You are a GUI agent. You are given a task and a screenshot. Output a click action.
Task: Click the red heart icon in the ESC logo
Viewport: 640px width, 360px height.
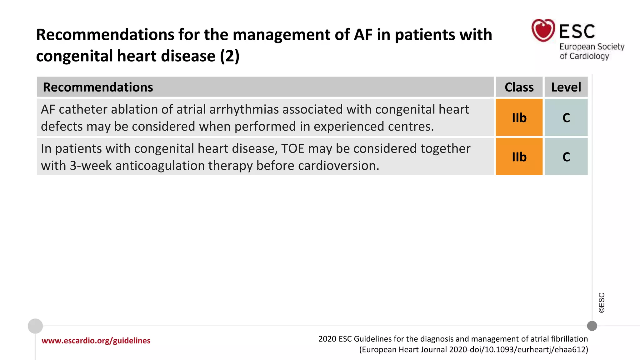click(x=543, y=30)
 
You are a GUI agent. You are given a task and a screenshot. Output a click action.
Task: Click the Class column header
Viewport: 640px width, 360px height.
click(x=519, y=87)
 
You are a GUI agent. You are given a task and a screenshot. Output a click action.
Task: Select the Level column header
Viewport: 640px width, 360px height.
click(x=566, y=87)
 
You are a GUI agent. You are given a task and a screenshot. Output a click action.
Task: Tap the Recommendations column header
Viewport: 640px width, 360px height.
click(x=98, y=87)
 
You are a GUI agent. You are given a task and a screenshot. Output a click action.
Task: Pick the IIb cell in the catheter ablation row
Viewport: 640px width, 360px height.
click(x=519, y=118)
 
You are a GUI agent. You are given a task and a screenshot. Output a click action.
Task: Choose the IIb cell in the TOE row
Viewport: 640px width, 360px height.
click(x=519, y=157)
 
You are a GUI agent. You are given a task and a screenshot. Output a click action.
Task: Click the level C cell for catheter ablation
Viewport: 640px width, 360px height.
click(x=566, y=118)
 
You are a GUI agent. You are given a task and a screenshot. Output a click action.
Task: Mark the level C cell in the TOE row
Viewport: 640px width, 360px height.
click(x=566, y=157)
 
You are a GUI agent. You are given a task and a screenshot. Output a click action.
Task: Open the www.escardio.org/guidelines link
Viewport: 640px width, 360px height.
click(x=96, y=341)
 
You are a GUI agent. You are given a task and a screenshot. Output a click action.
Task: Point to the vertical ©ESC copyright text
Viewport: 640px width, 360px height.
click(x=602, y=302)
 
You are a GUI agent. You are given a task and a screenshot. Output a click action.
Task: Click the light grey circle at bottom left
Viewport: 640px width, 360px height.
click(x=35, y=326)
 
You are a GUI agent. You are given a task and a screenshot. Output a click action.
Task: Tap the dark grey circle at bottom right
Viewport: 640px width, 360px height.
click(x=592, y=326)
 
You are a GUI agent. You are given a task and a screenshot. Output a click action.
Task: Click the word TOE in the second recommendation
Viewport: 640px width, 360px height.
click(x=292, y=148)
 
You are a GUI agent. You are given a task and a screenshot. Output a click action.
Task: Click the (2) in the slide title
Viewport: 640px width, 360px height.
click(x=230, y=56)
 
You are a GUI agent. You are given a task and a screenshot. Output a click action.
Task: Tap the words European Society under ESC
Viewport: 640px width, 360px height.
click(x=592, y=47)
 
